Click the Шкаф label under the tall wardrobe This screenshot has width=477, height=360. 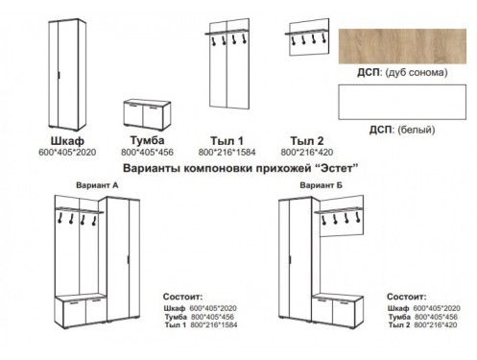click(67, 141)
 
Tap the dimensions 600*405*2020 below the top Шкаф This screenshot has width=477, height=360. click(67, 153)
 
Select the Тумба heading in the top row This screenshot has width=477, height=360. click(147, 140)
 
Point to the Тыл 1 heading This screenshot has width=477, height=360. click(227, 141)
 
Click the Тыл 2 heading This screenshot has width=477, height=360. click(307, 141)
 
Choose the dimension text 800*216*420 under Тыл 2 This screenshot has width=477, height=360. click(307, 153)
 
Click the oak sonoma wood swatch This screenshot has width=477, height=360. click(402, 46)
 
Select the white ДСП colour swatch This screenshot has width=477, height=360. click(402, 102)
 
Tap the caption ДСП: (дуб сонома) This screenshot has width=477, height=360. click(402, 73)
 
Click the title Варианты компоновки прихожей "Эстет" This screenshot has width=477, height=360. click(240, 168)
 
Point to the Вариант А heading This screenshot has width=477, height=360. click(97, 185)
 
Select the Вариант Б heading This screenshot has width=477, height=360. click(321, 185)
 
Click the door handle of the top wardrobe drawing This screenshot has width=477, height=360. click(60, 75)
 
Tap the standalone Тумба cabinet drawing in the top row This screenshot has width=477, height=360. click(147, 115)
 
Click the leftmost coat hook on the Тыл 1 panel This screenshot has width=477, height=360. click(212, 40)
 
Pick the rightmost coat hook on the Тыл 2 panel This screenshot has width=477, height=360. click(323, 38)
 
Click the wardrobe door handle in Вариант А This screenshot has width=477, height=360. click(129, 259)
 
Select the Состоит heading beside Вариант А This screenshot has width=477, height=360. click(183, 297)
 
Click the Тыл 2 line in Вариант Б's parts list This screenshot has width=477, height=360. click(422, 325)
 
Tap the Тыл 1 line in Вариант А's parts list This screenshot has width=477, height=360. click(201, 325)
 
